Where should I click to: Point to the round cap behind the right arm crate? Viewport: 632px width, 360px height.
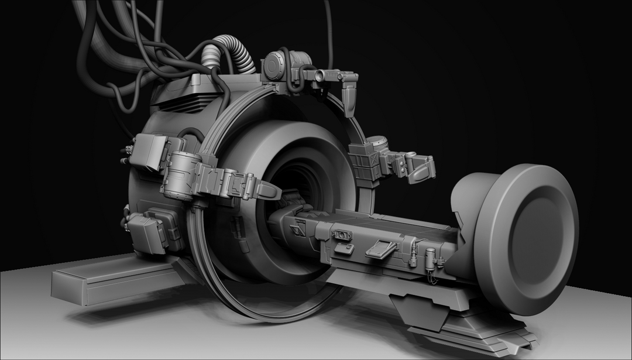pos(377,142)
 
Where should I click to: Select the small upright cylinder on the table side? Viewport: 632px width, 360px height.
pos(430,259)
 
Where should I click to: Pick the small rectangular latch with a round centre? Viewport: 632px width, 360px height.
pos(344,235)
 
